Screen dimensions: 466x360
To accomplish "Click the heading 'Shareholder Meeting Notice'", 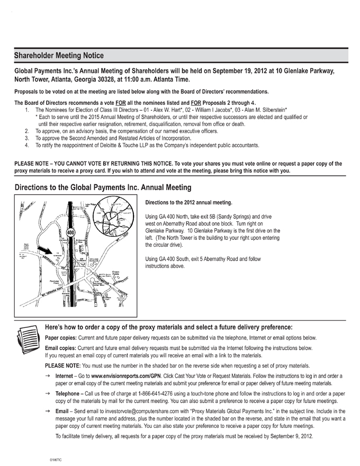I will click(59, 56).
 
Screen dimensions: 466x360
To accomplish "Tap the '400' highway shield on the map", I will click(70, 232).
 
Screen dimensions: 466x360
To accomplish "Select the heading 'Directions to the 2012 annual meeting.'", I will click(188, 202).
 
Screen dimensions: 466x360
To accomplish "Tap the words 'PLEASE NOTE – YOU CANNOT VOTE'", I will click(59, 164).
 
